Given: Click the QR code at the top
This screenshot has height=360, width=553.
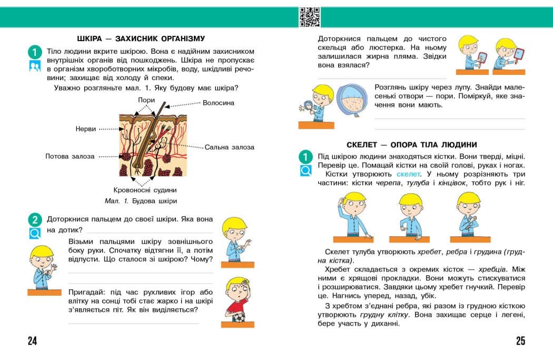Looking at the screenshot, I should (310, 17).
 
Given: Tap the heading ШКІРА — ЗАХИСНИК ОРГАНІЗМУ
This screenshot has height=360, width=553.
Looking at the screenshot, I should (141, 38).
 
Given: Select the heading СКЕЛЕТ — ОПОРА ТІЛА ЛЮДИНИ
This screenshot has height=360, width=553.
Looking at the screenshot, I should (412, 144).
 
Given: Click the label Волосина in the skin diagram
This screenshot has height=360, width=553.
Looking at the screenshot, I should (219, 103).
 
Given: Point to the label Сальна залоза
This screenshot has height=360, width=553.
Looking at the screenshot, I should (229, 147).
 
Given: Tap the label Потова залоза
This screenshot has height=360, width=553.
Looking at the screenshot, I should (70, 156).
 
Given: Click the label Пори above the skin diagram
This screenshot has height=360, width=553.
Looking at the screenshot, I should (146, 100).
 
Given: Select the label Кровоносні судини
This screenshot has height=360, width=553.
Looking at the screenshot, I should (145, 190).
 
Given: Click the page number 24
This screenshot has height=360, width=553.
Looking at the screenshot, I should (33, 341).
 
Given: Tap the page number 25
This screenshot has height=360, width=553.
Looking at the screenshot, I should (520, 341).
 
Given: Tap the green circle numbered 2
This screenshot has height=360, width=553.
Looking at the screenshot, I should (34, 220).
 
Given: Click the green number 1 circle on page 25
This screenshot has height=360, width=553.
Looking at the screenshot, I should (305, 157).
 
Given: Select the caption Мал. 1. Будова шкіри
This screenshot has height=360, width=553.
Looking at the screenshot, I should (141, 201).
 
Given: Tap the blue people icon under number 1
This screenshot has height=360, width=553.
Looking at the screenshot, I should (35, 66).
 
